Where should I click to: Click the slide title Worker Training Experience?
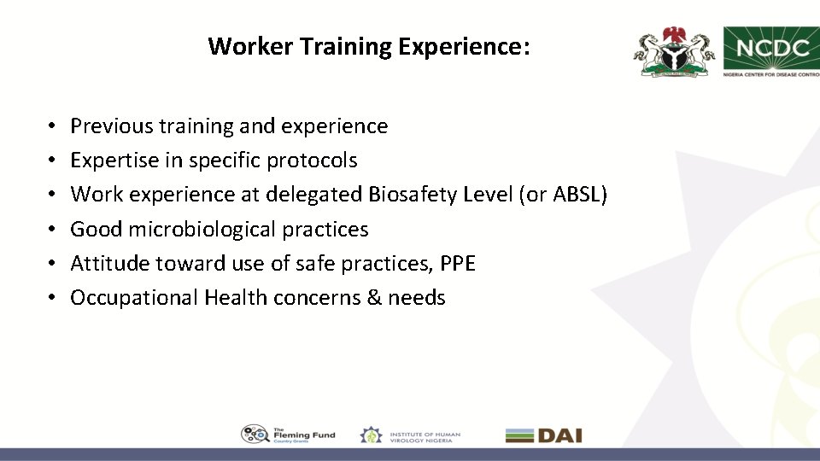point(369,46)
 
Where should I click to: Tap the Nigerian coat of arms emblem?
point(673,52)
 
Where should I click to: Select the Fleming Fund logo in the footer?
point(288,435)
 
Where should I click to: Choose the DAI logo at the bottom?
point(543,435)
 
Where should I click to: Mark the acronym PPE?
point(458,264)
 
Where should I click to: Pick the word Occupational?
point(134,298)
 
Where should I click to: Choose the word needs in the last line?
point(417,298)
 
